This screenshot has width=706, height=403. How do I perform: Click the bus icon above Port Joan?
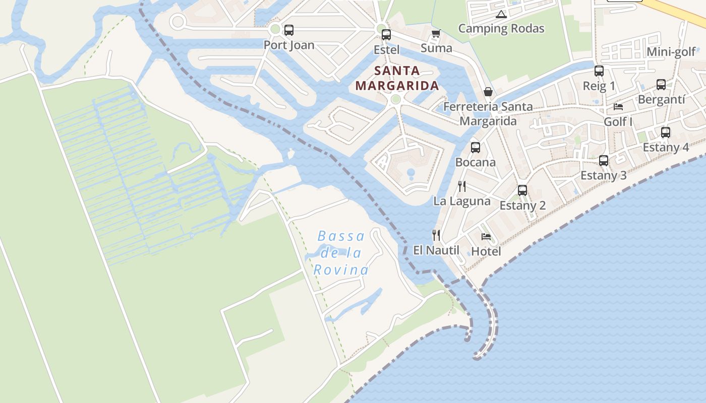click(x=288, y=30)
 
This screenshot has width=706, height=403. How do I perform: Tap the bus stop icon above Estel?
click(x=386, y=35)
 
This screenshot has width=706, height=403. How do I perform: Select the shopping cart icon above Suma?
click(x=436, y=34)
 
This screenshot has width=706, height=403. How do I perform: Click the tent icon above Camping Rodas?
click(x=501, y=14)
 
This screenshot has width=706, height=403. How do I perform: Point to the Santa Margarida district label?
click(x=397, y=78)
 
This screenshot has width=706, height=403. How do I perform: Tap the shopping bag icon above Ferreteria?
click(x=488, y=92)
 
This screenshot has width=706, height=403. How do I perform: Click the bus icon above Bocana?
click(x=475, y=148)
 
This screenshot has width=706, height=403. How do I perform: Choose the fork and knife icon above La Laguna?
click(x=461, y=186)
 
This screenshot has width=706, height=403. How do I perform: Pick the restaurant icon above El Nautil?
click(x=436, y=235)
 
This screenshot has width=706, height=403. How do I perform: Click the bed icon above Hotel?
click(x=486, y=236)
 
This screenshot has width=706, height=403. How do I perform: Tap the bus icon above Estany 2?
click(x=522, y=190)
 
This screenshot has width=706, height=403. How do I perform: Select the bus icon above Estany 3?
click(x=604, y=161)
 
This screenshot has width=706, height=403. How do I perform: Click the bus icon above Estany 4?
click(x=666, y=132)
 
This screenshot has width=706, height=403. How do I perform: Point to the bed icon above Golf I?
click(x=618, y=107)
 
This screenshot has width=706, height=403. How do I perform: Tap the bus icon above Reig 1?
click(x=599, y=71)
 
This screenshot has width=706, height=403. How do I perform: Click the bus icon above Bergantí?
click(x=661, y=85)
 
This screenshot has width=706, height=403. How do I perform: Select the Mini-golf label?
click(x=671, y=52)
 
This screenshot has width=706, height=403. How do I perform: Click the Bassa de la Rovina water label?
click(x=341, y=253)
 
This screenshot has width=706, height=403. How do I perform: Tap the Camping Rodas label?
click(x=501, y=28)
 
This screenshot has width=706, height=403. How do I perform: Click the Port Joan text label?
click(x=289, y=45)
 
